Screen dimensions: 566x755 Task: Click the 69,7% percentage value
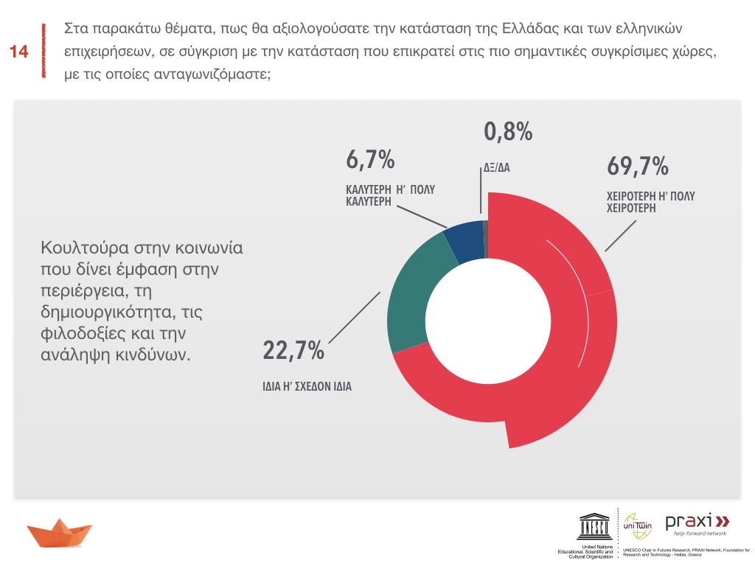(x=638, y=167)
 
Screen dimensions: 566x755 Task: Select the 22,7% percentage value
(x=293, y=351)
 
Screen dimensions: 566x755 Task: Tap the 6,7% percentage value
(x=370, y=158)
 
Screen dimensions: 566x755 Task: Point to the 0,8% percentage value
(x=508, y=132)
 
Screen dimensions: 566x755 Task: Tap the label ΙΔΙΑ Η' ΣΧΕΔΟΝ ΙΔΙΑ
(x=307, y=385)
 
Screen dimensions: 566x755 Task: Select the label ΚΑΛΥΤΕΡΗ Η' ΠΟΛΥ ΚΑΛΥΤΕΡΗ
(x=390, y=195)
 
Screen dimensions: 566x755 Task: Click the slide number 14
(x=19, y=52)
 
